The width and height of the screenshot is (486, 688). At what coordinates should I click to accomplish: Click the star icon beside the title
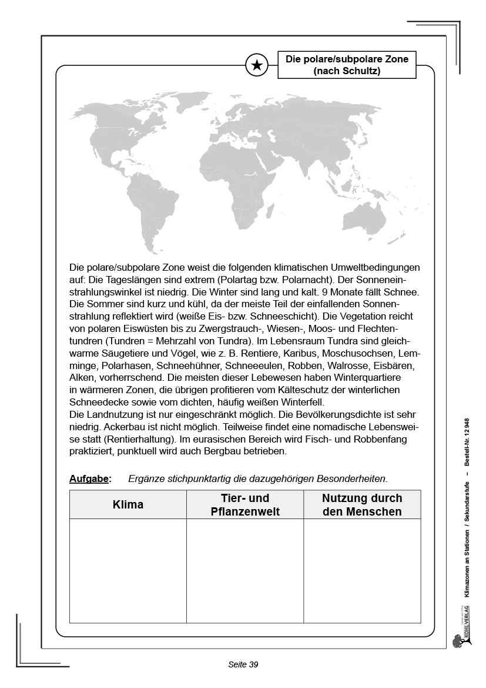(x=257, y=65)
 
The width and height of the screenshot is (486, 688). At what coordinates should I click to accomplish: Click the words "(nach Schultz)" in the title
(x=347, y=71)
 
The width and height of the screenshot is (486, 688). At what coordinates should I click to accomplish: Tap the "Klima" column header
(x=128, y=505)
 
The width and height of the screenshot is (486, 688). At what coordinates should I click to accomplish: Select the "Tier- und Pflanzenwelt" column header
(x=245, y=505)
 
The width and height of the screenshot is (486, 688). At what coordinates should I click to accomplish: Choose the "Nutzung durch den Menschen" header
(x=362, y=505)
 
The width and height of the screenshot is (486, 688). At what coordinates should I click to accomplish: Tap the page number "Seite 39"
(x=243, y=664)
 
